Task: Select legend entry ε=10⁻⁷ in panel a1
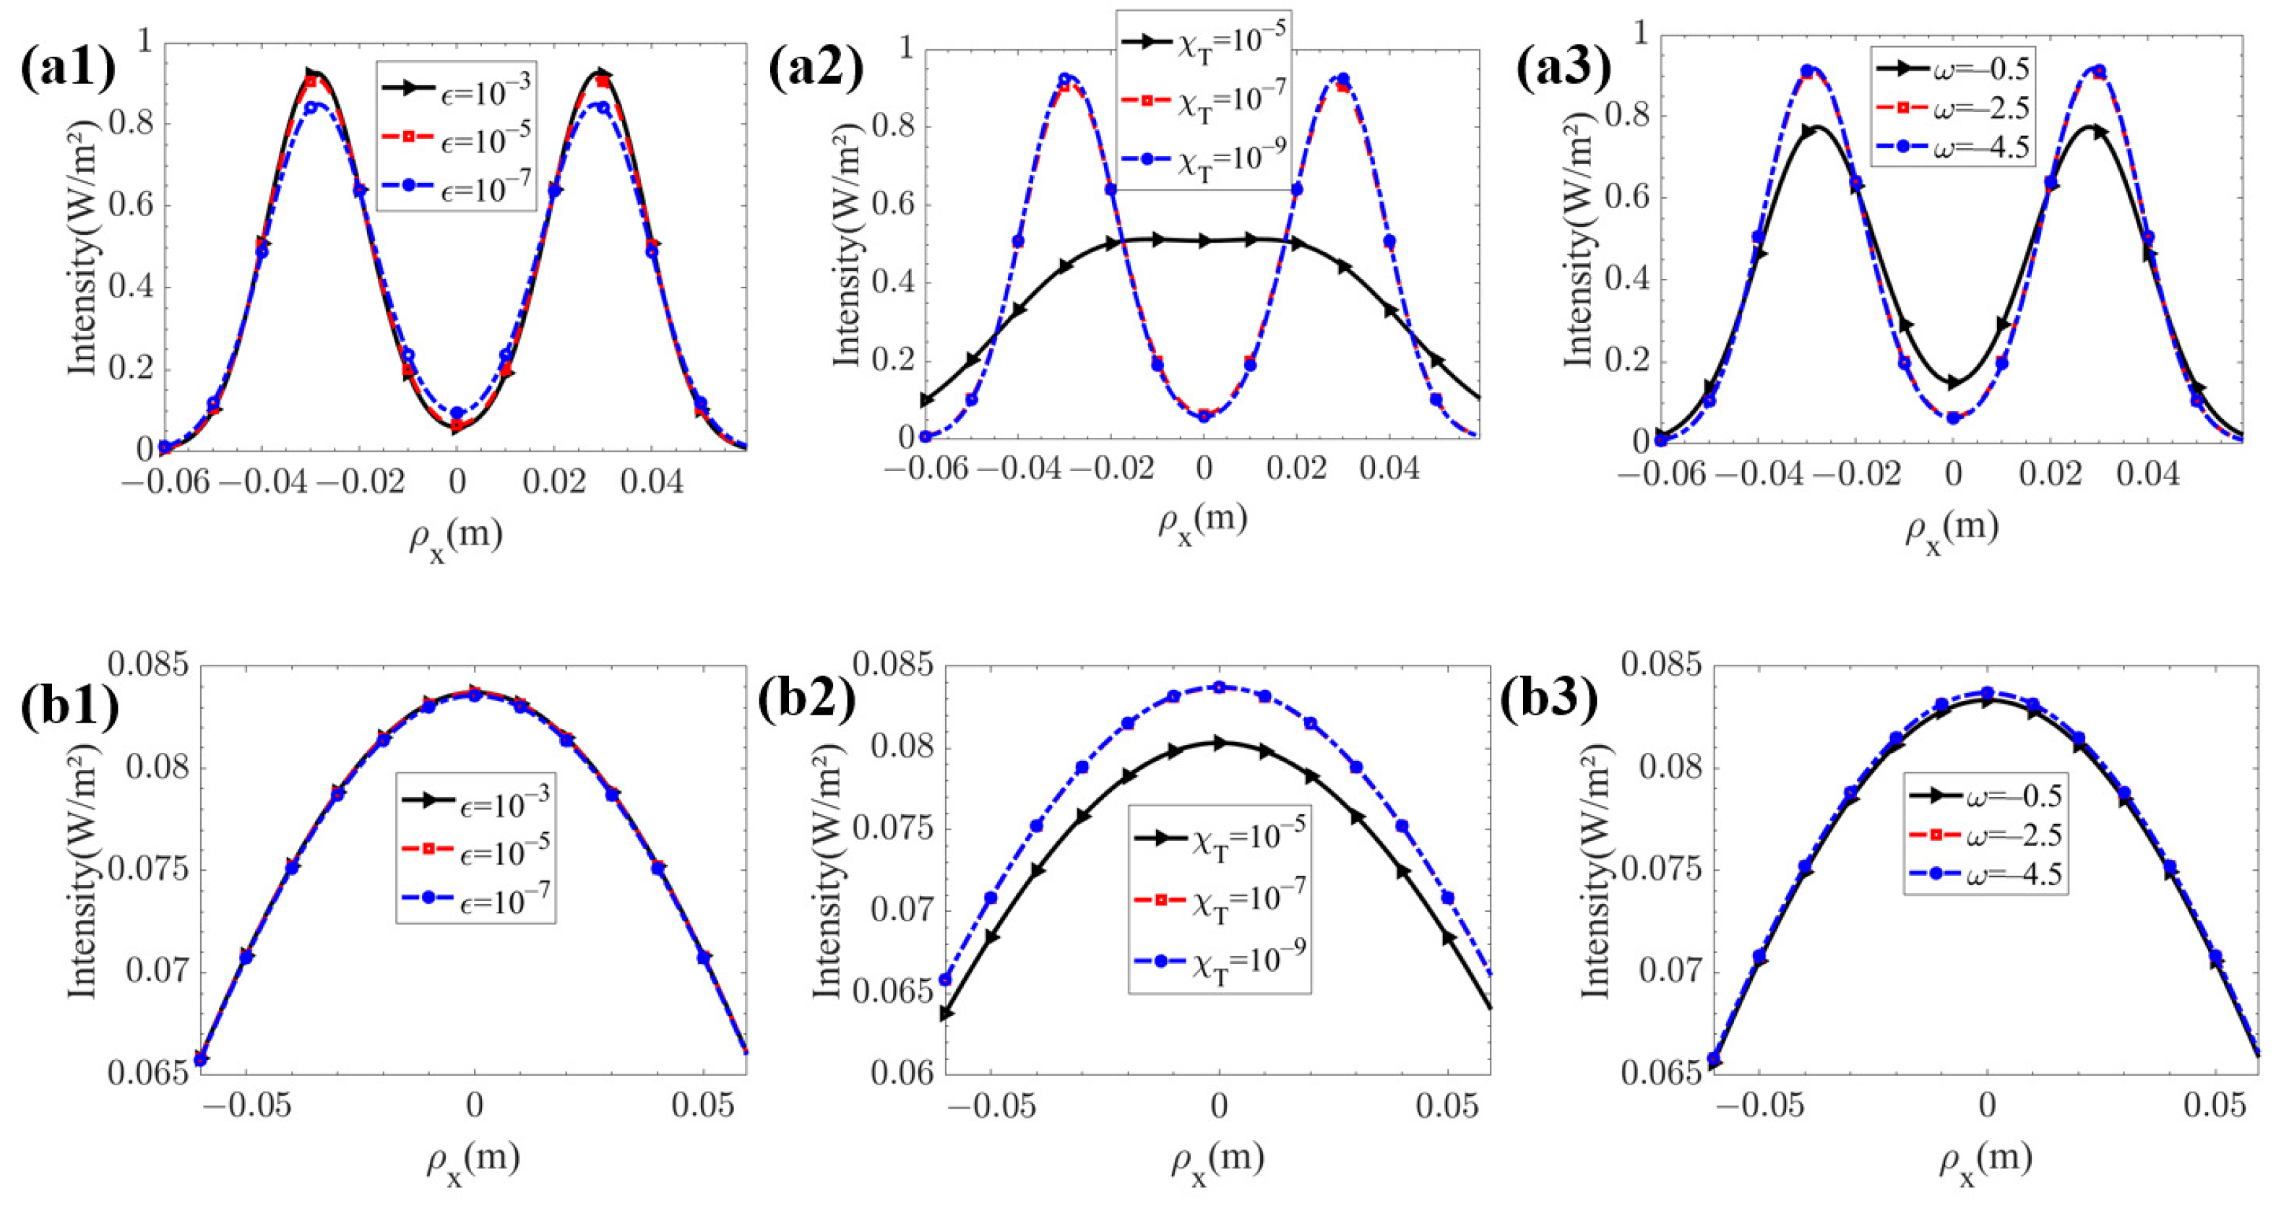[x=456, y=188]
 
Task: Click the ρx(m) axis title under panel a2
[x=1202, y=522]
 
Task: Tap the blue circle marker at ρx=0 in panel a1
[x=457, y=413]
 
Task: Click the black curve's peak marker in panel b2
[x=1220, y=743]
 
